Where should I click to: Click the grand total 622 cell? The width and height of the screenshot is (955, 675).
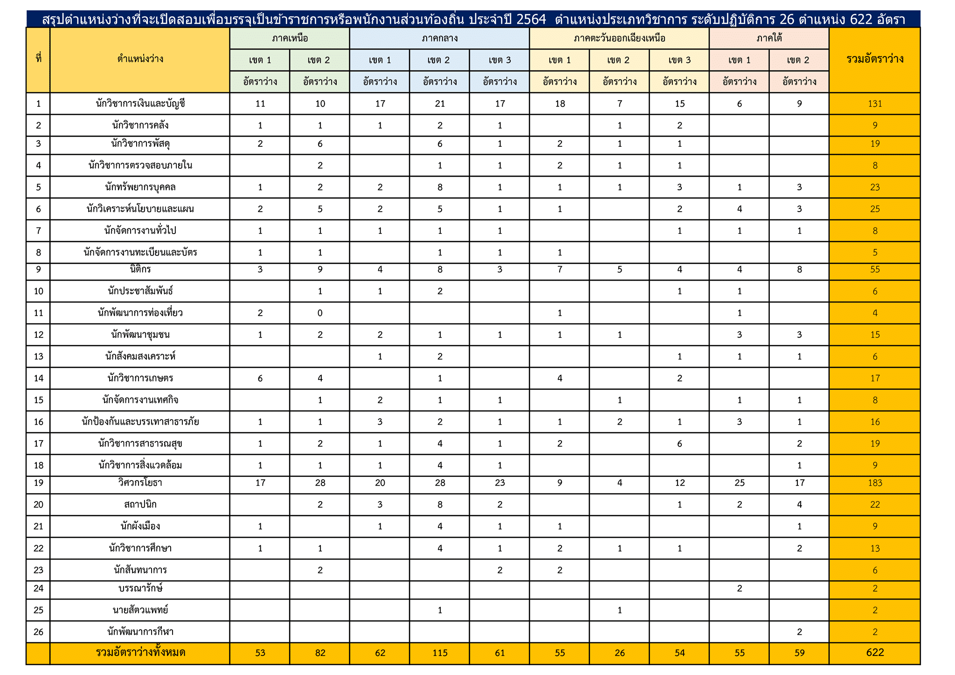874,653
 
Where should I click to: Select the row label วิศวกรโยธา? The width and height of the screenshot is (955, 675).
140,483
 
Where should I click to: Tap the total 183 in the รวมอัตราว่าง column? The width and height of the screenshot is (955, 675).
874,483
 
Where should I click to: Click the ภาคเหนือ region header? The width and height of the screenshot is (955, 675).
290,38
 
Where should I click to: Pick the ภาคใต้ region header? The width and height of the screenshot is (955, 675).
769,38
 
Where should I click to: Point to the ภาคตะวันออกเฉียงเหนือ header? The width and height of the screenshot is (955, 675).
619,38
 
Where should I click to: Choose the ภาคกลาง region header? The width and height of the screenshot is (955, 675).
439,38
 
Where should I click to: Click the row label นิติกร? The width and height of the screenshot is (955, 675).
140,269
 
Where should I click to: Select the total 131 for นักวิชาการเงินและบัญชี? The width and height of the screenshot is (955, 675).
874,103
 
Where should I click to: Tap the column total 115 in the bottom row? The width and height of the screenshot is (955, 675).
439,653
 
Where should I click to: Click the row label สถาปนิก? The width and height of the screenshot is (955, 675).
140,504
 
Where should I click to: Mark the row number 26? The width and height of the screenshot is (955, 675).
38,632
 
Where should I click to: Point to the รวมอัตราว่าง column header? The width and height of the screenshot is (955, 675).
874,59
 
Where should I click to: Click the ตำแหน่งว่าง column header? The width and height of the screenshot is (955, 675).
140,59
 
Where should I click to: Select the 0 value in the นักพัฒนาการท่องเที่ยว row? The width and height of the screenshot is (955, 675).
320,313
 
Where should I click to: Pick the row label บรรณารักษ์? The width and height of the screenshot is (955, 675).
140,588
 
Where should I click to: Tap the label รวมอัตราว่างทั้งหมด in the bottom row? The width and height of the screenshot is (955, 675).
140,653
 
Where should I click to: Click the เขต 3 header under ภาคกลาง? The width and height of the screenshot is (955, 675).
499,60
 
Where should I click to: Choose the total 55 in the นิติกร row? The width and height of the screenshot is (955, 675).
874,269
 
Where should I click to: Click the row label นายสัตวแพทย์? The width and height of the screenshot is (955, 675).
140,610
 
